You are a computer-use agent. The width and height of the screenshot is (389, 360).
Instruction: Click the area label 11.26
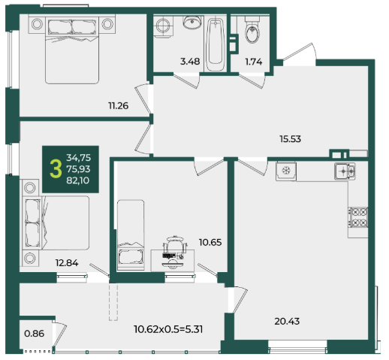pyautogui.click(x=119, y=106)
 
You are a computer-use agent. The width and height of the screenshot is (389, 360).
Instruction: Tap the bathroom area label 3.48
pyautogui.click(x=190, y=62)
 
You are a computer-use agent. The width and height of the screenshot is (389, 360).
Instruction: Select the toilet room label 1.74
pyautogui.click(x=254, y=62)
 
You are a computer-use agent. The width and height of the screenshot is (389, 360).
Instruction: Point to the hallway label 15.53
pyautogui.click(x=290, y=139)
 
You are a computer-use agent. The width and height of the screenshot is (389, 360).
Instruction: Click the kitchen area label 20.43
pyautogui.click(x=287, y=321)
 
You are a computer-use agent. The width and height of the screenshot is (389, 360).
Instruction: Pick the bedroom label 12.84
pyautogui.click(x=67, y=263)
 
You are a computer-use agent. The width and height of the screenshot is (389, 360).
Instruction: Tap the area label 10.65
pyautogui.click(x=210, y=242)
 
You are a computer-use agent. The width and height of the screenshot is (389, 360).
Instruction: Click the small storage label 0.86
pyautogui.click(x=35, y=334)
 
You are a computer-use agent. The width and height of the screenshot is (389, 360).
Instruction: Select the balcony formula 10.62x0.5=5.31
pyautogui.click(x=168, y=329)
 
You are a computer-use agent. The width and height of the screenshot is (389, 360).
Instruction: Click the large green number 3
pyautogui.click(x=56, y=169)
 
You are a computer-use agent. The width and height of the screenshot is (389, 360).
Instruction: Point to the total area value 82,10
pyautogui.click(x=78, y=180)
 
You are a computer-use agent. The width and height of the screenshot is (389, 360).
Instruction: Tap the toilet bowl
pyautogui.click(x=252, y=31)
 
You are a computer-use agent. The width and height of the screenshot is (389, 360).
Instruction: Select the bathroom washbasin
pyautogui.click(x=192, y=22)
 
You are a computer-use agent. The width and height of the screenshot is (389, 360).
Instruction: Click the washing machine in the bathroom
pyautogui.click(x=163, y=26)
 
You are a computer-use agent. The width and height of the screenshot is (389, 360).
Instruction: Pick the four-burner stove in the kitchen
pyautogui.click(x=358, y=217)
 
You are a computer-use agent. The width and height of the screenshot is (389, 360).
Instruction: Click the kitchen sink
pyautogui.click(x=345, y=171)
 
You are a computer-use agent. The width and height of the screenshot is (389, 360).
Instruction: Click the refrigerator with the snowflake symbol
pyautogui.click(x=286, y=171)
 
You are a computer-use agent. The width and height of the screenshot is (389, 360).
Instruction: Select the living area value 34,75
pyautogui.click(x=79, y=158)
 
